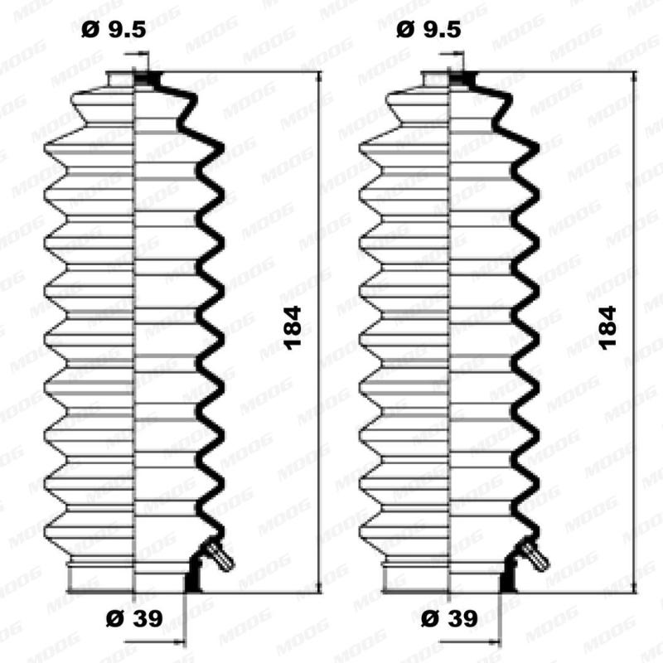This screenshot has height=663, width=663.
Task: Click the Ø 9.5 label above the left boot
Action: (114, 30)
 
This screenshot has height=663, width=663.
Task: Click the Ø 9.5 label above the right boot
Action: (428, 30)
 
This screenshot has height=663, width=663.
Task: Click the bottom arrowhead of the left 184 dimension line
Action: (320, 589)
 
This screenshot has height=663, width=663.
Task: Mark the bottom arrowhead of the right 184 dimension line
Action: (634, 589)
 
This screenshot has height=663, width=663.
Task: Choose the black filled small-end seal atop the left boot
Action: (149, 80)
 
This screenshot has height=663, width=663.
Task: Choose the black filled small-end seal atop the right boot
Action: (464, 80)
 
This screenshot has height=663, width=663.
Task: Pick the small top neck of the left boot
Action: (122, 80)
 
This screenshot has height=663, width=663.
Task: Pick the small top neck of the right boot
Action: (437, 80)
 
